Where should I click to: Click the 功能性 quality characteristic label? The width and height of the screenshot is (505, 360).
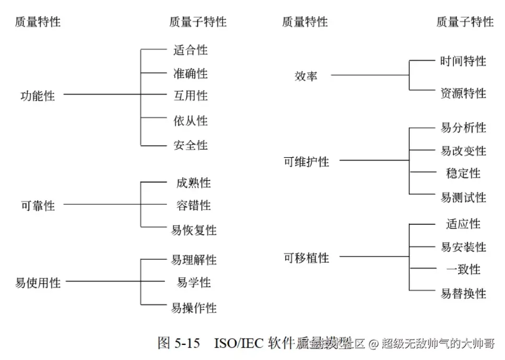pyautogui.click(x=37, y=96)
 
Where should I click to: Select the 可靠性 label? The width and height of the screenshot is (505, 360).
pyautogui.click(x=37, y=205)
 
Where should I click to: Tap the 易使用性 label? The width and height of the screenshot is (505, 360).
pyautogui.click(x=38, y=283)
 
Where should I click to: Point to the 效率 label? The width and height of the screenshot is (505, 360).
pyautogui.click(x=306, y=76)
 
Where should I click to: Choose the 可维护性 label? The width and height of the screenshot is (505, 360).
pyautogui.click(x=306, y=161)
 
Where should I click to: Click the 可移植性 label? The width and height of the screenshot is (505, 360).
pyautogui.click(x=306, y=258)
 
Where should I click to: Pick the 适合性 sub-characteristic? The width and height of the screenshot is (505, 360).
pyautogui.click(x=190, y=50)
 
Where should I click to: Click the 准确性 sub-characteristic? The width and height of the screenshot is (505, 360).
pyautogui.click(x=190, y=74)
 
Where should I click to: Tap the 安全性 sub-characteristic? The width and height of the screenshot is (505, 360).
pyautogui.click(x=190, y=145)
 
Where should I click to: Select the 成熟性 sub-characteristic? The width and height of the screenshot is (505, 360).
pyautogui.click(x=193, y=183)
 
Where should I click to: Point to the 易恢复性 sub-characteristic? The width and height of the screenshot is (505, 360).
pyautogui.click(x=193, y=230)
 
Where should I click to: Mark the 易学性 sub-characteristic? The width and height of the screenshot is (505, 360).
pyautogui.click(x=193, y=283)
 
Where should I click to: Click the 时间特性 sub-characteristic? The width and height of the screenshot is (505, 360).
pyautogui.click(x=463, y=61)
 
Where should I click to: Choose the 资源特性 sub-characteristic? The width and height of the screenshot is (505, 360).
pyautogui.click(x=463, y=93)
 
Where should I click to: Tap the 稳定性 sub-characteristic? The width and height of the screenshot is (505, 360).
pyautogui.click(x=463, y=173)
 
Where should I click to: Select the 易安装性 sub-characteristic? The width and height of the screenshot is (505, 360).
pyautogui.click(x=463, y=247)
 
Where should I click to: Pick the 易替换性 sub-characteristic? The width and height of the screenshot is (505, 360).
pyautogui.click(x=463, y=293)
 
